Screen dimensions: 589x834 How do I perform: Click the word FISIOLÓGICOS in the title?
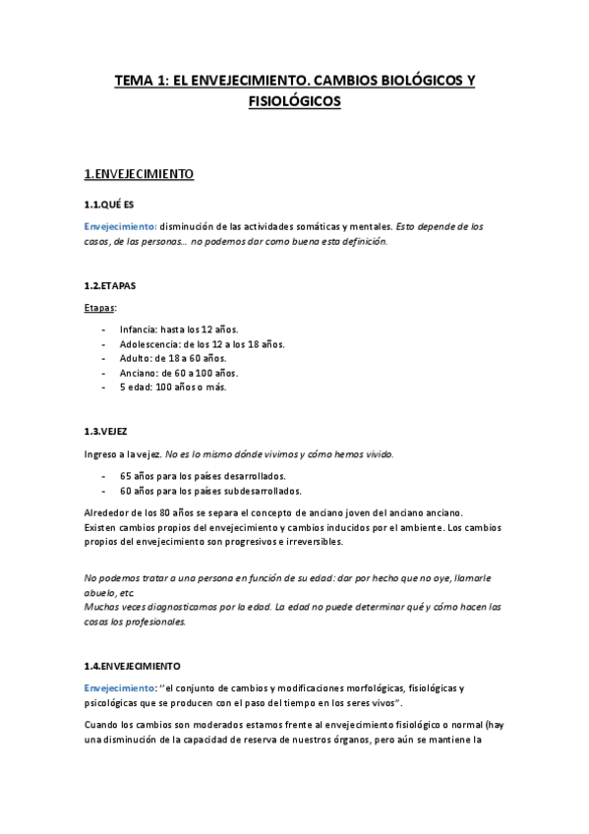coord(294,101)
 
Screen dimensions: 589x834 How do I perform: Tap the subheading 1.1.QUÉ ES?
coord(109,205)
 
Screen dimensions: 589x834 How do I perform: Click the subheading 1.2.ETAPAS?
coord(110,285)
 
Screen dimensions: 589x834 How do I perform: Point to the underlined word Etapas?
coord(99,308)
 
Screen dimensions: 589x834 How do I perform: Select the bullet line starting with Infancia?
coord(178,329)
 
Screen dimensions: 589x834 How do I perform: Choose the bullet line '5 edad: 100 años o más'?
coord(173,387)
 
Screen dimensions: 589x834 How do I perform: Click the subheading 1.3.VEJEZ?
coord(105,431)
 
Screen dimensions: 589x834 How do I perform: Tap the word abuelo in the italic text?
coord(99,593)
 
